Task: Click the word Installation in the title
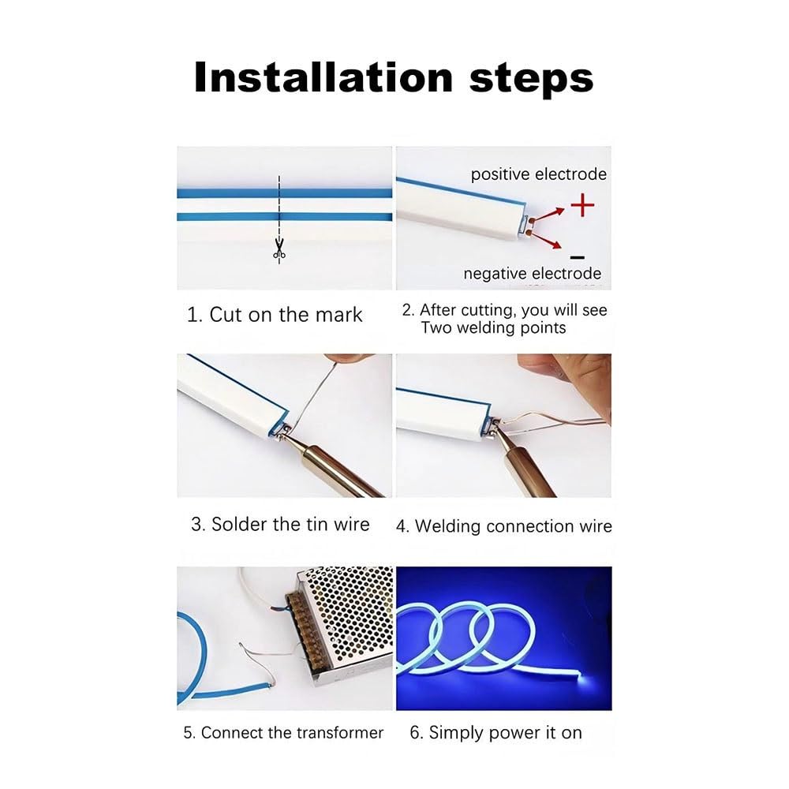(x=323, y=77)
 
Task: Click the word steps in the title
(x=531, y=80)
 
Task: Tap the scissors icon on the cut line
(x=279, y=248)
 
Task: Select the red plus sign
(x=583, y=205)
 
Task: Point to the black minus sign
(x=578, y=257)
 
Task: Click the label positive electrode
(x=538, y=174)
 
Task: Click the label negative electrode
(x=533, y=273)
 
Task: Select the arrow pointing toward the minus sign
(x=547, y=240)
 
